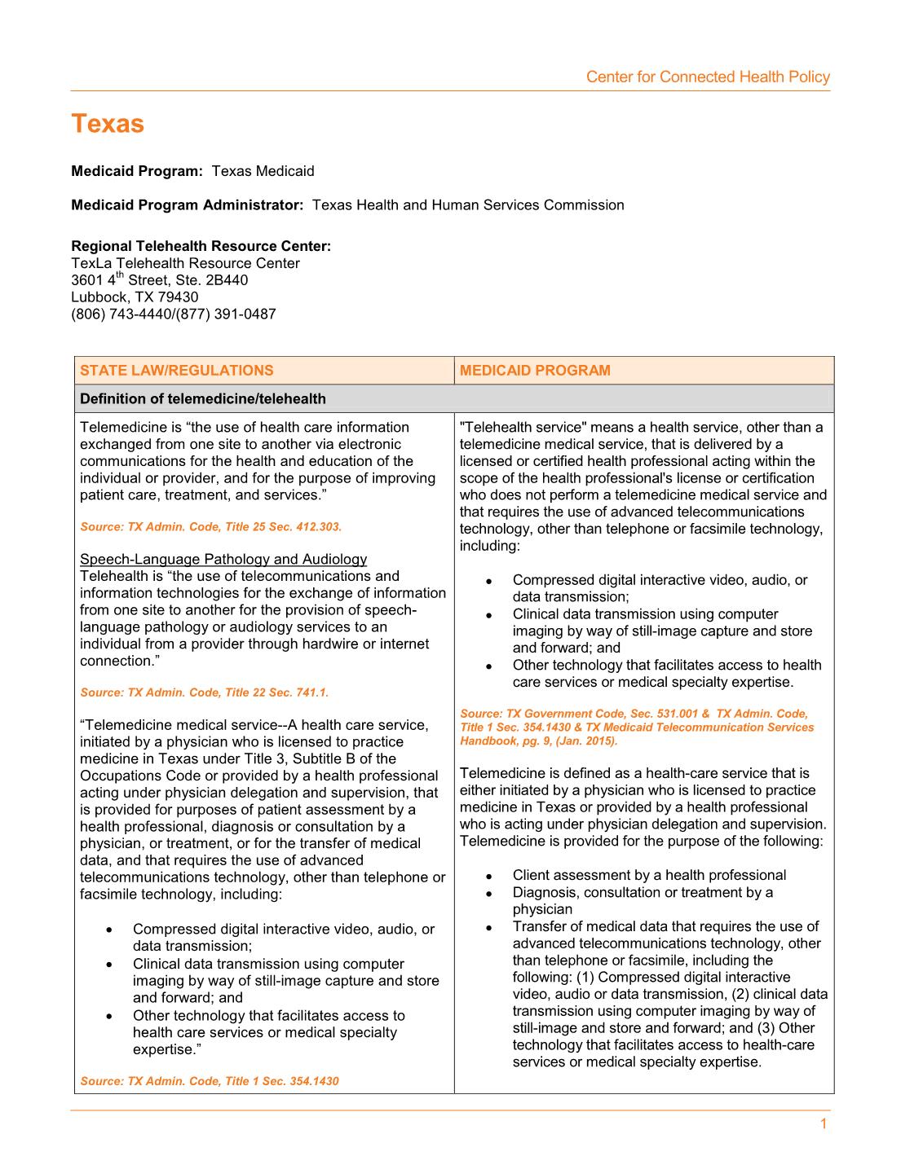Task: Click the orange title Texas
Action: (x=108, y=124)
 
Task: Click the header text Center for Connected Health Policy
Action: (x=707, y=77)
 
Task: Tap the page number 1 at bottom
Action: (x=823, y=1124)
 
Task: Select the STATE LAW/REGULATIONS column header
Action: (x=177, y=371)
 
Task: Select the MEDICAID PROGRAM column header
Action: (x=535, y=371)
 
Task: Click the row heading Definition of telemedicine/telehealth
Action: (x=203, y=399)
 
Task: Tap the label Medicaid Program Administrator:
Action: (x=187, y=205)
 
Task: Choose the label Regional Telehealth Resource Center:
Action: (x=201, y=246)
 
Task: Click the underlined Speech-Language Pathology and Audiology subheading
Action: (x=223, y=559)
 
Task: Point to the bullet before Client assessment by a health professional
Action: (x=488, y=877)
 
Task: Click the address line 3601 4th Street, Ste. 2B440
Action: (x=160, y=280)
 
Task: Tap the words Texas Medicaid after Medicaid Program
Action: (x=263, y=171)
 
